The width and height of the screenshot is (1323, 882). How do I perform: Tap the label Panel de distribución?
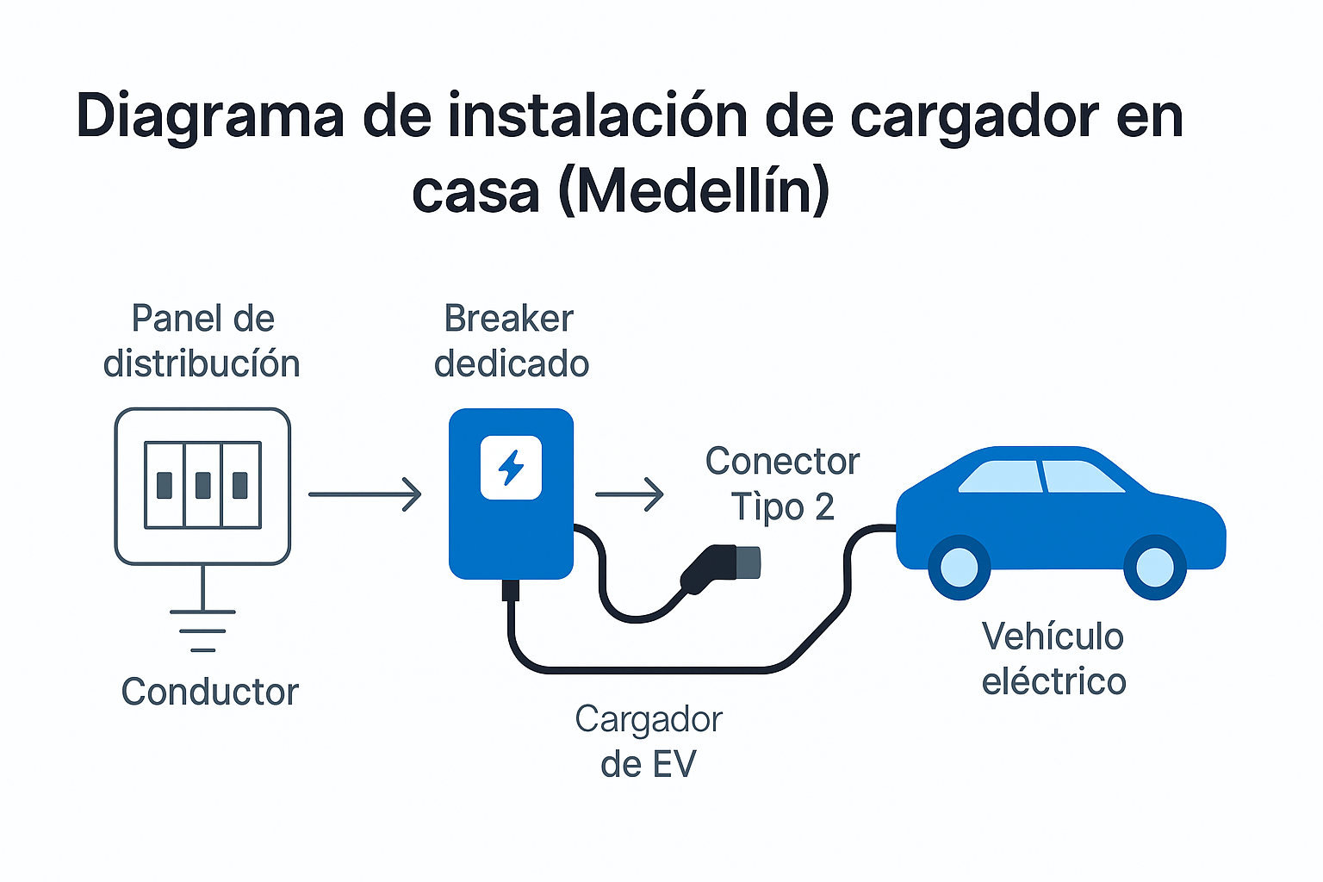point(202,341)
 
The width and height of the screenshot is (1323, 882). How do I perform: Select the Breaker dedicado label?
point(511,341)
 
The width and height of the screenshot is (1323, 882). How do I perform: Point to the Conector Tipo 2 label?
point(782,484)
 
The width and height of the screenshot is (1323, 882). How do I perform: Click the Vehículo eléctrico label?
point(1053,659)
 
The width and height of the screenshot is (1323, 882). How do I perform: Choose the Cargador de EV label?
point(648,742)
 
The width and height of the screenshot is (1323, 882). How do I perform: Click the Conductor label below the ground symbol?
point(210,692)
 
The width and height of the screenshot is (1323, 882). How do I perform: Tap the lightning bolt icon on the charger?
point(511,468)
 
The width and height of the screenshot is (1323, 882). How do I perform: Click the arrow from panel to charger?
point(365,494)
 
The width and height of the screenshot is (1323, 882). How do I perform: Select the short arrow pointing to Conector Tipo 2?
point(630,494)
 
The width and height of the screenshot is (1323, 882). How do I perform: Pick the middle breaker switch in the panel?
point(203,485)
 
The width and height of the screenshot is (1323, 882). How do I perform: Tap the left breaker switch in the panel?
point(165,485)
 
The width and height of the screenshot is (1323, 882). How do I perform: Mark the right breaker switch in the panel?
point(240,485)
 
